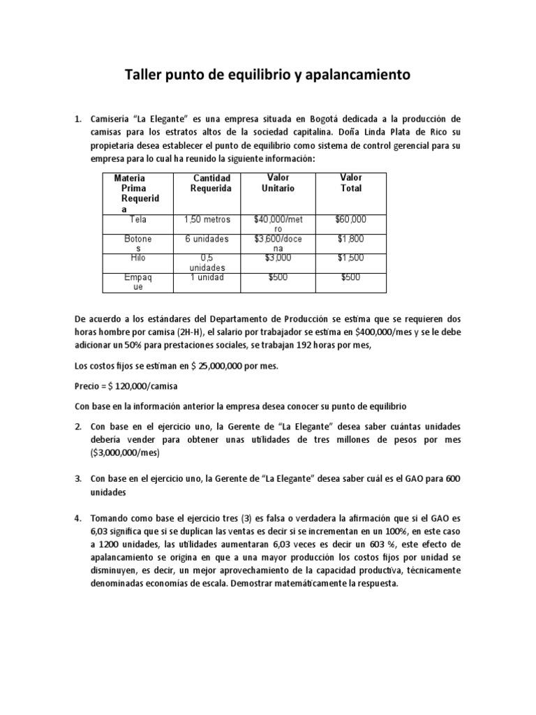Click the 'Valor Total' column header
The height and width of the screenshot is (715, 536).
[351, 183]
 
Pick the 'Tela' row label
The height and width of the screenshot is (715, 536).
[138, 219]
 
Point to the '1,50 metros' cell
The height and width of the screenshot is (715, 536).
[207, 219]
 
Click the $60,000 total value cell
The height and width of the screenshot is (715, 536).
[351, 219]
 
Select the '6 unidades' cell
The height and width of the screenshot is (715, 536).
[207, 239]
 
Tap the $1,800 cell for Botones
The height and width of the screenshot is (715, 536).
[351, 239]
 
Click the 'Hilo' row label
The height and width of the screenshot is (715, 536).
[138, 258]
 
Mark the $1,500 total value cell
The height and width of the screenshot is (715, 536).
[351, 258]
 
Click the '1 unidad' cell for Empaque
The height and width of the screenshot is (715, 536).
[207, 277]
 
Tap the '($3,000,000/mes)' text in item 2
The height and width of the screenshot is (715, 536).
[125, 452]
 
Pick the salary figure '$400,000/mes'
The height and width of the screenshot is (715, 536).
[382, 332]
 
